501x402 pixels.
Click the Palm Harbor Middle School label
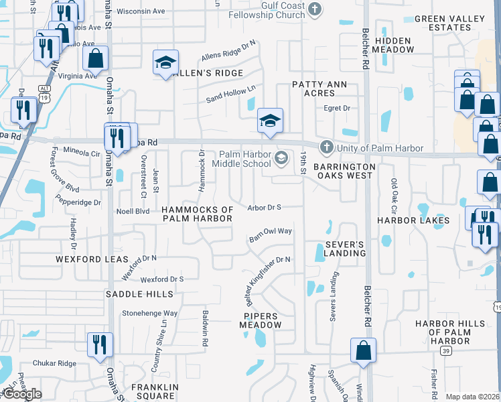(x=242, y=159)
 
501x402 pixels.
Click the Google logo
(x=21, y=394)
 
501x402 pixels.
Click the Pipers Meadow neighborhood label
(x=261, y=320)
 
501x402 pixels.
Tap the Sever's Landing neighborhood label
(x=346, y=249)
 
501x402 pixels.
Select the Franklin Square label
(x=155, y=391)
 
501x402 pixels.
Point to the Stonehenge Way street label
(x=149, y=313)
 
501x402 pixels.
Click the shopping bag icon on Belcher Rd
(x=363, y=350)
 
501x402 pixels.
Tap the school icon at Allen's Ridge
(x=165, y=63)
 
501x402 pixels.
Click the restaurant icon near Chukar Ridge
(x=100, y=344)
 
